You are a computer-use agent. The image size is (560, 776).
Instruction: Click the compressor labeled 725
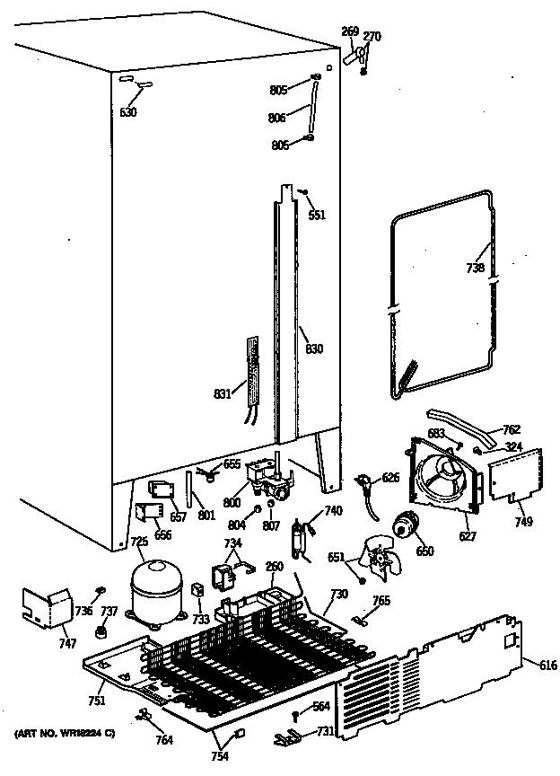pos(154,591)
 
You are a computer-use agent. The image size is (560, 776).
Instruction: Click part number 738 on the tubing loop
pos(475,269)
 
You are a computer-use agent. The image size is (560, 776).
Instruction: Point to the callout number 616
pos(548,665)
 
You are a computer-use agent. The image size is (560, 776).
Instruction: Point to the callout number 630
pos(128,112)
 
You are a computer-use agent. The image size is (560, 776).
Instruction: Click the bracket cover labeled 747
pos(48,612)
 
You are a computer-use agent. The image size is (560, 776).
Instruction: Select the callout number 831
pos(223,392)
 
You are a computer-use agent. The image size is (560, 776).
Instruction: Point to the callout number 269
pos(349,31)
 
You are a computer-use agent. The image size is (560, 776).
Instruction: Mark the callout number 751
pos(95,701)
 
